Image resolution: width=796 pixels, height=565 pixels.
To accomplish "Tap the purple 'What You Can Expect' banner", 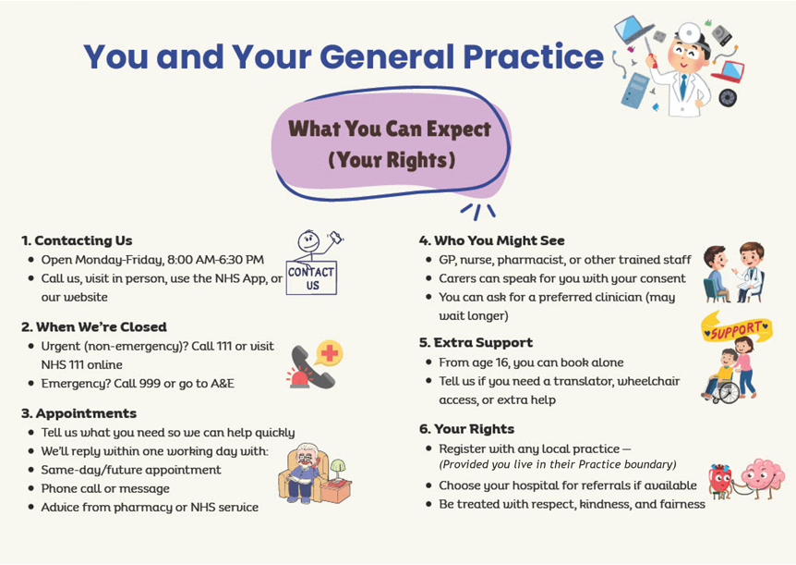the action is pyautogui.click(x=390, y=144).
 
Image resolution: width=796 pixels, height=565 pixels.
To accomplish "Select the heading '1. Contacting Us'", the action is pyautogui.click(x=77, y=240).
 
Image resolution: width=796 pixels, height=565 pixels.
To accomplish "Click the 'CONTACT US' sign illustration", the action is pyautogui.click(x=311, y=277).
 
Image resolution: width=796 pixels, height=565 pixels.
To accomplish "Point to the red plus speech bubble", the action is pyautogui.click(x=330, y=353).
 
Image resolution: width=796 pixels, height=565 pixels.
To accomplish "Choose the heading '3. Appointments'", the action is pyautogui.click(x=78, y=413).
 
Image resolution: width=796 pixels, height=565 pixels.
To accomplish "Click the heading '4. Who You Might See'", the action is pyautogui.click(x=491, y=240).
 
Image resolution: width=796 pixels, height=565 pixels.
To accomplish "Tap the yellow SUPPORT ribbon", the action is pyautogui.click(x=736, y=328).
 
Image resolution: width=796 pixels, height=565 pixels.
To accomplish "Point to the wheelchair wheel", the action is pyautogui.click(x=730, y=393).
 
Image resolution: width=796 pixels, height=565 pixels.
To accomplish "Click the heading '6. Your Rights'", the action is pyautogui.click(x=466, y=429).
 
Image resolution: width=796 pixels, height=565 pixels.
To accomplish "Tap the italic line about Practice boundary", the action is pyautogui.click(x=558, y=464).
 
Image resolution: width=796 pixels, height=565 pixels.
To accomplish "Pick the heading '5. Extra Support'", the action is pyautogui.click(x=476, y=343).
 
